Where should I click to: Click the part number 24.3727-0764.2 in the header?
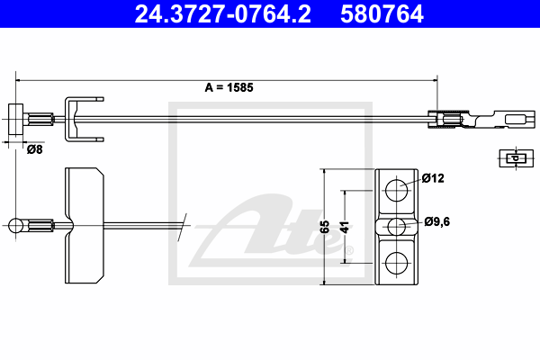pyautogui.click(x=223, y=14)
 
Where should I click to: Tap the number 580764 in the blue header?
pyautogui.click(x=382, y=14)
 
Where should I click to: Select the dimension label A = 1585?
pyautogui.click(x=229, y=87)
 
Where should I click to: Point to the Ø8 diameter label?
pyautogui.click(x=35, y=149)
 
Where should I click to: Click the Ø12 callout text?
pyautogui.click(x=433, y=178)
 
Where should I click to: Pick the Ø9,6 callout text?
pyautogui.click(x=437, y=221)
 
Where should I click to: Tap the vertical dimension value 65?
pyautogui.click(x=325, y=227)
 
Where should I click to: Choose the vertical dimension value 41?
pyautogui.click(x=345, y=228)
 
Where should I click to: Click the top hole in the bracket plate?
pyautogui.click(x=396, y=190)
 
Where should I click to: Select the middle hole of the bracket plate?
pyautogui.click(x=396, y=226)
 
